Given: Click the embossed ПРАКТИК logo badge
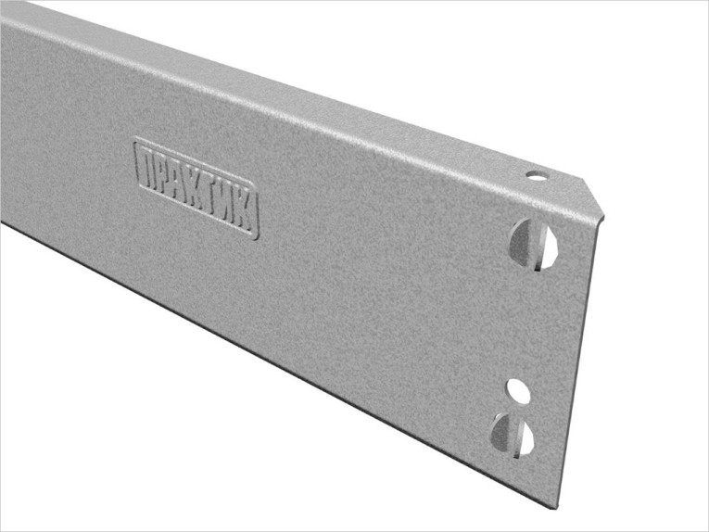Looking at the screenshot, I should [x=196, y=188].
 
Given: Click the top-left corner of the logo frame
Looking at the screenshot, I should [x=135, y=141].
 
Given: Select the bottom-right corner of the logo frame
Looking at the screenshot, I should [x=256, y=237].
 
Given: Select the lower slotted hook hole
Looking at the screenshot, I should [x=513, y=434].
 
